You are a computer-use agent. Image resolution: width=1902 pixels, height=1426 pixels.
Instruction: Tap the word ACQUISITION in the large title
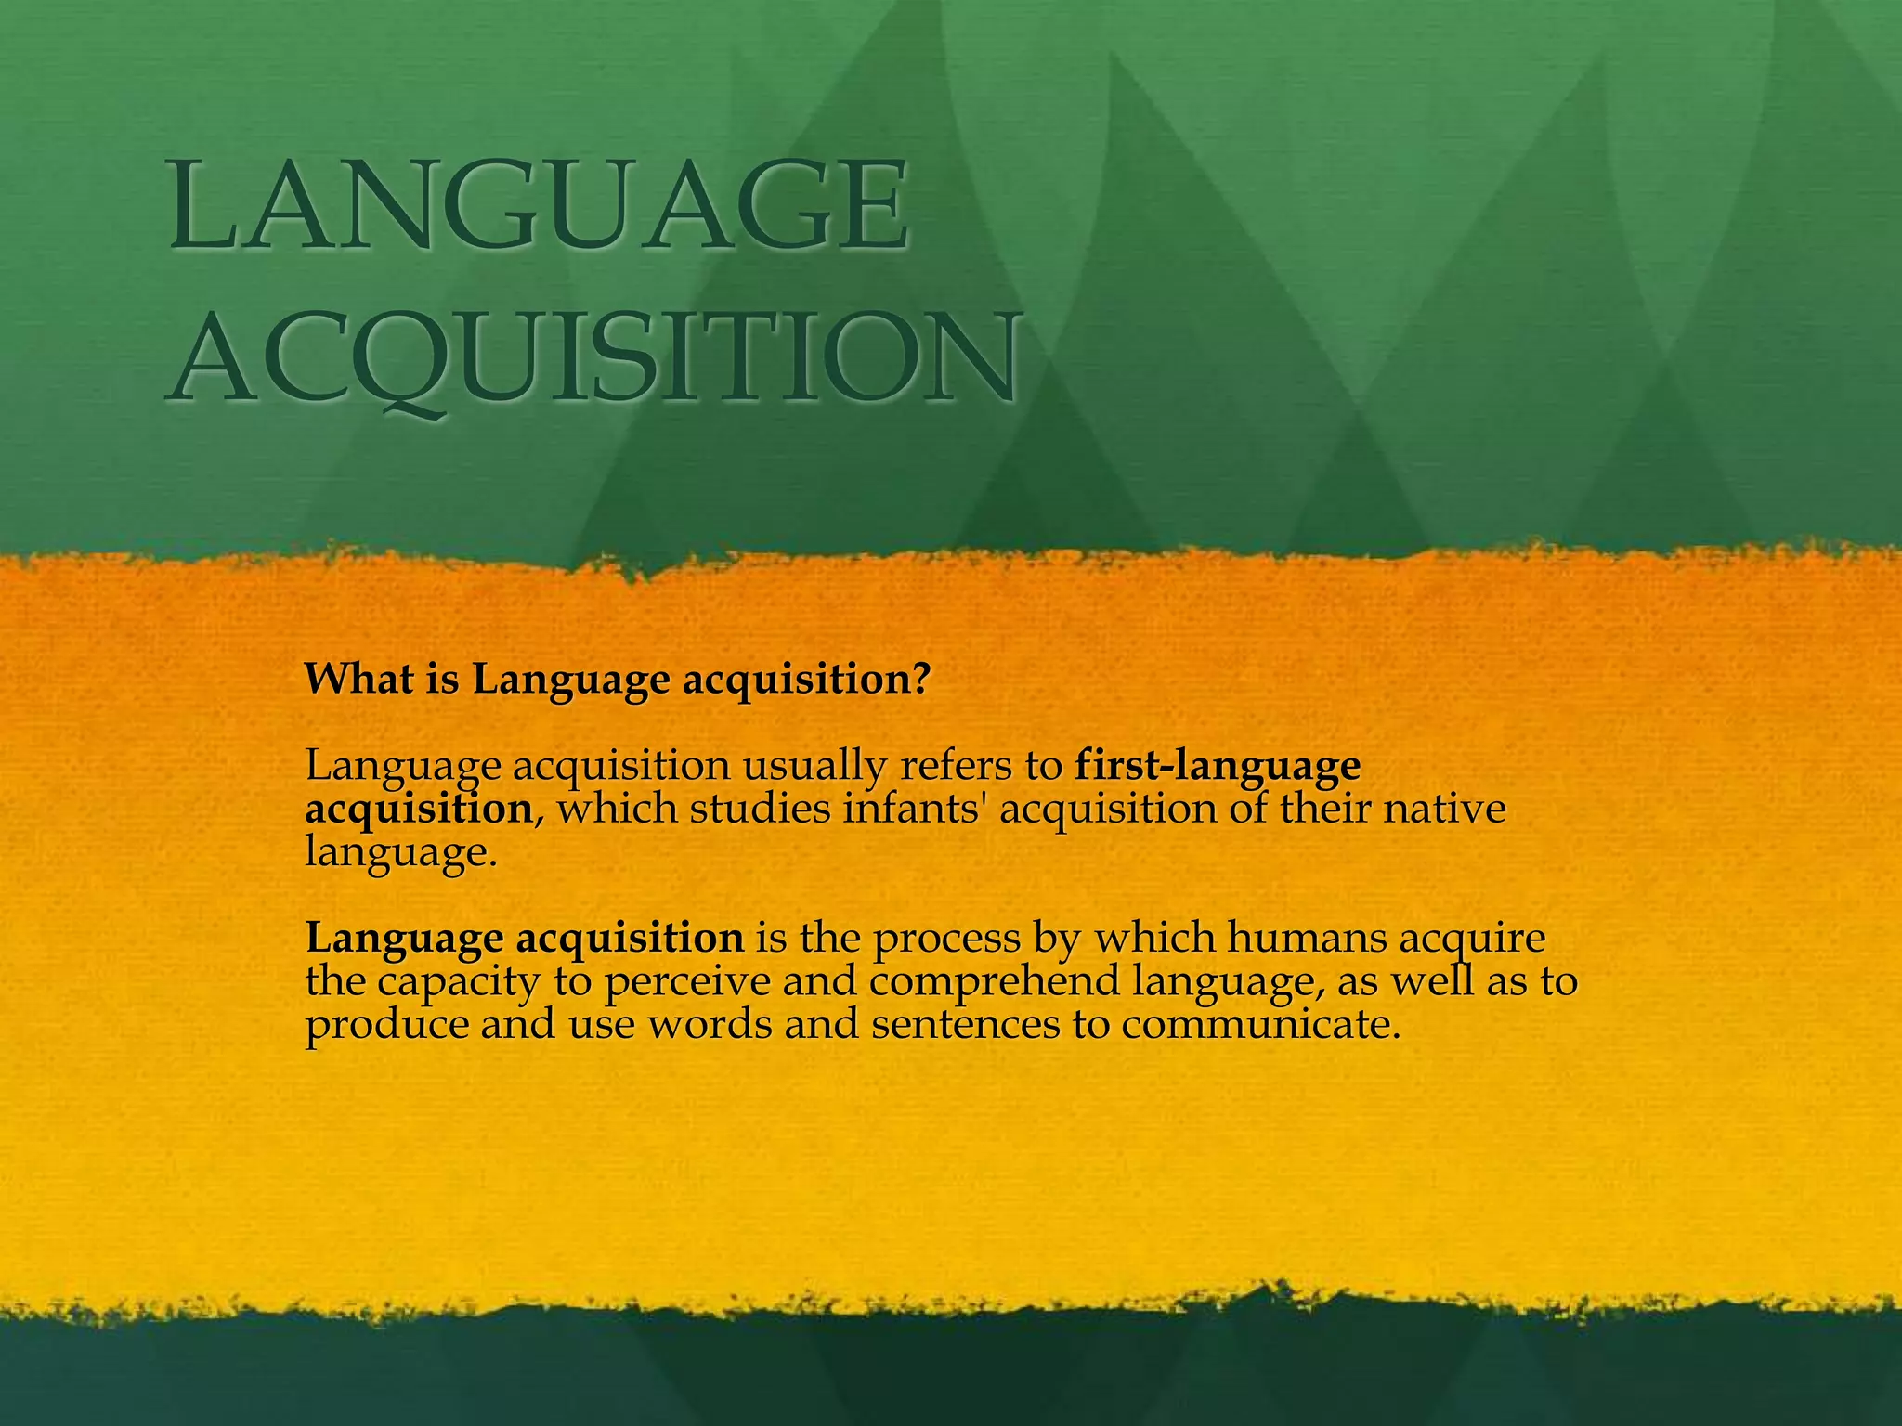click(x=594, y=357)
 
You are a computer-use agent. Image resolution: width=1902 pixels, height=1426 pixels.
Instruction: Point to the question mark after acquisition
click(x=920, y=679)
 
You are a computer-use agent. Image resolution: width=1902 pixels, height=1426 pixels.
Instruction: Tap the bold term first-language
click(x=1218, y=766)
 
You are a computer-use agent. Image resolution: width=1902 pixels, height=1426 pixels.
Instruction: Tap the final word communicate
click(x=1258, y=1024)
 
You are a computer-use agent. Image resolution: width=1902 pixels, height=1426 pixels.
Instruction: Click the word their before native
click(x=1324, y=808)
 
